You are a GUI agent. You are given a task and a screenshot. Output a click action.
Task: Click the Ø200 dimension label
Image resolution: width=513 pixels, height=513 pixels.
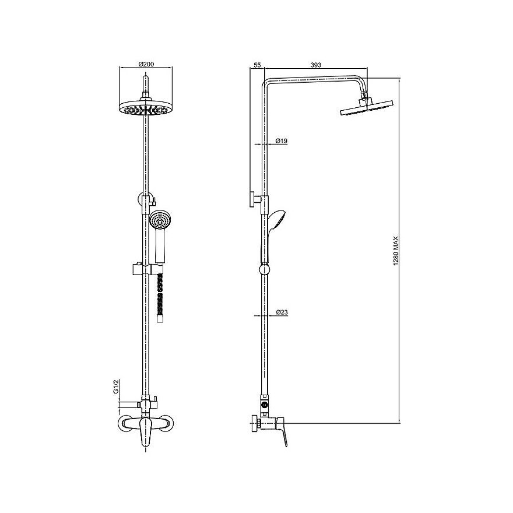(146, 64)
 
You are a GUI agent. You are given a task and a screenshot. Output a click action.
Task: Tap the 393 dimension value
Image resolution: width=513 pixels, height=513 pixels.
(316, 65)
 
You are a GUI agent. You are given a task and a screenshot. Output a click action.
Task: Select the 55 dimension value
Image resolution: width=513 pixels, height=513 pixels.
(257, 65)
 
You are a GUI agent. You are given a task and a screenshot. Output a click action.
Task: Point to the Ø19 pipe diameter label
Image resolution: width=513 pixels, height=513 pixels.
(282, 141)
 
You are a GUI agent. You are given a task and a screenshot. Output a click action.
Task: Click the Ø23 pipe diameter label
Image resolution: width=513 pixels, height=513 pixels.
(282, 312)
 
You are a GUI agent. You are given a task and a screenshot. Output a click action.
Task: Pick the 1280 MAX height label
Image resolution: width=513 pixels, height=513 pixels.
(396, 251)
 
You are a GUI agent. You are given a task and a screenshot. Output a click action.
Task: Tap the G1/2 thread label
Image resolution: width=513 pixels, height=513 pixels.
(115, 386)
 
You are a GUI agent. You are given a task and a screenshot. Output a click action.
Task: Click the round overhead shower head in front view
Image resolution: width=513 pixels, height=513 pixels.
(146, 108)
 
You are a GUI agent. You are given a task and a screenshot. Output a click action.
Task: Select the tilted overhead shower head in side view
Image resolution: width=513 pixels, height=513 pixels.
(367, 108)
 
